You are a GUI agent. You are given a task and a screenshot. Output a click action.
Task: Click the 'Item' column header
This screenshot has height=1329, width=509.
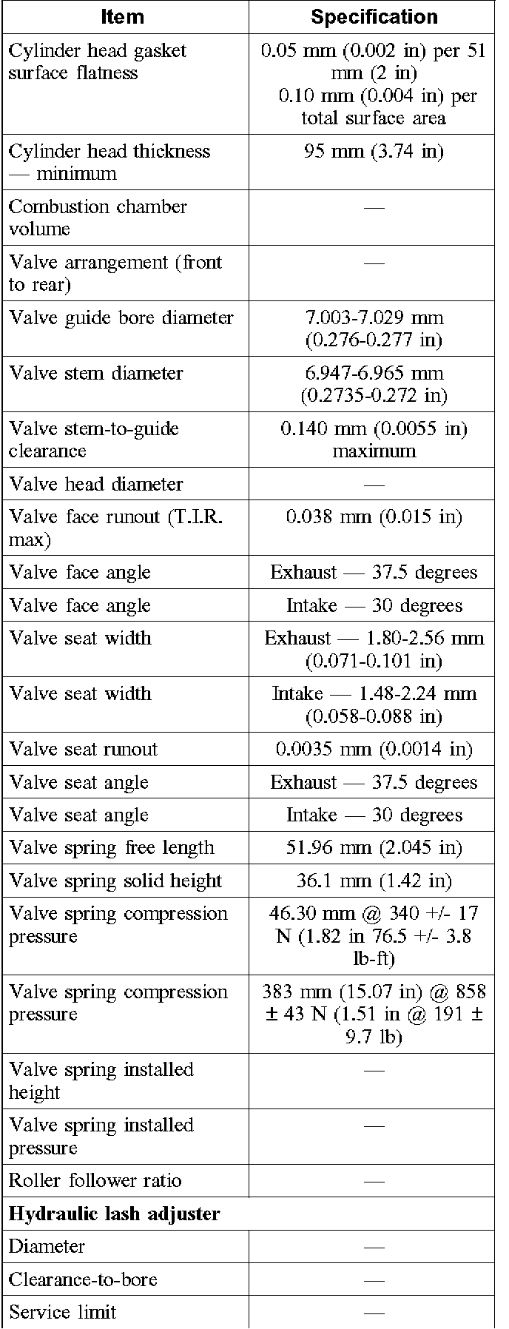(123, 16)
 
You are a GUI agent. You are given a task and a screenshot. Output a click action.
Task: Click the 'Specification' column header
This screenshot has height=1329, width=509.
(374, 16)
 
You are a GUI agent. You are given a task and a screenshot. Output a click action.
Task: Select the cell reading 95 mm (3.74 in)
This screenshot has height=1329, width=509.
(374, 152)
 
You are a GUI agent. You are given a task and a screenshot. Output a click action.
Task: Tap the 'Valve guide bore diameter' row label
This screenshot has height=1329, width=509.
(121, 318)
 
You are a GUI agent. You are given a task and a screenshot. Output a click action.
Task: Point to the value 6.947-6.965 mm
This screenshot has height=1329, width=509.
(374, 374)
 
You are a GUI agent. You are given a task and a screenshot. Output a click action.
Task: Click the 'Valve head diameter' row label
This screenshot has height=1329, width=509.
(95, 485)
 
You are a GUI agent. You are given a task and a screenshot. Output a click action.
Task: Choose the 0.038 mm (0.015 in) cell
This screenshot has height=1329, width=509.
(374, 517)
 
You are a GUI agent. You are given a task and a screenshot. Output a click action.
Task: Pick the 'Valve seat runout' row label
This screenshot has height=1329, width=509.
(83, 750)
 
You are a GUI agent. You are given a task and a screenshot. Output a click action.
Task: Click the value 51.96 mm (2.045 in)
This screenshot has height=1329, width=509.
(374, 848)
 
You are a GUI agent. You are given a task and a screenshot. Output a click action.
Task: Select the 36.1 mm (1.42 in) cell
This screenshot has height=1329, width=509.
(374, 881)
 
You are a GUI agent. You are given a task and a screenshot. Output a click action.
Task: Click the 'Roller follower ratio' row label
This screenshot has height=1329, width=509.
(95, 1181)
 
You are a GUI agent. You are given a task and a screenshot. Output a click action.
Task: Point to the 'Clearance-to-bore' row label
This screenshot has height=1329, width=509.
(83, 1280)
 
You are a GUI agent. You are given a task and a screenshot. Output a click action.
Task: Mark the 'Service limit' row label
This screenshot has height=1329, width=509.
(62, 1313)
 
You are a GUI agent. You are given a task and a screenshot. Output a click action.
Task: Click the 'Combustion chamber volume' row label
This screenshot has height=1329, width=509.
(97, 218)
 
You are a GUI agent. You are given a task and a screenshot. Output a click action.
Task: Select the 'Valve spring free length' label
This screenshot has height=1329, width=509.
(111, 848)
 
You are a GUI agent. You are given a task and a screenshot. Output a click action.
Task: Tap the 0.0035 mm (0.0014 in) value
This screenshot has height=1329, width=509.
(374, 750)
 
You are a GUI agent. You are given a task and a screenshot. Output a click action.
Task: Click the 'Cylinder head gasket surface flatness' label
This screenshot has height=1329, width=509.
(97, 62)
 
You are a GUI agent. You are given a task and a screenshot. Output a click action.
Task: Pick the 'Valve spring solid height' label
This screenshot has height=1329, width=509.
(115, 881)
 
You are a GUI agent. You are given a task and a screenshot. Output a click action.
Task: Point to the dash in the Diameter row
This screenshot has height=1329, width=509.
(374, 1248)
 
